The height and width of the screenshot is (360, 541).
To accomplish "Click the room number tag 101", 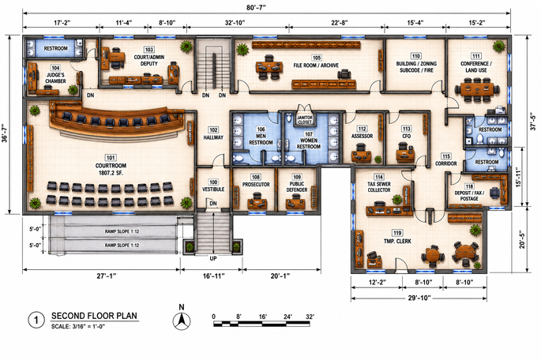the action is (x=111, y=158).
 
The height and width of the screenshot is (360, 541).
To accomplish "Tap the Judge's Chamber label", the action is (x=55, y=78).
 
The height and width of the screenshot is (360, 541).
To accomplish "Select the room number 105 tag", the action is (x=316, y=58).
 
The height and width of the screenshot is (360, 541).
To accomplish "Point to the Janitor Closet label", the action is (x=305, y=120).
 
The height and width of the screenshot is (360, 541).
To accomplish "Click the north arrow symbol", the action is (x=182, y=321).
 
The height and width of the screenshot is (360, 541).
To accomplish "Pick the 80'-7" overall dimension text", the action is (x=257, y=7).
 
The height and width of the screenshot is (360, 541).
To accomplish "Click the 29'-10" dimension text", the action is (x=419, y=298).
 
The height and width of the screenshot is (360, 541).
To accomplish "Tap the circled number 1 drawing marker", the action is (x=36, y=321).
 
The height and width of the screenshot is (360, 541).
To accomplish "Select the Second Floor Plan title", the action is (x=94, y=316).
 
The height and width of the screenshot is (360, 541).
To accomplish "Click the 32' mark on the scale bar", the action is (x=310, y=317).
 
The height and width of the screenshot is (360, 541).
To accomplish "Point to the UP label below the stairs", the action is (x=213, y=258).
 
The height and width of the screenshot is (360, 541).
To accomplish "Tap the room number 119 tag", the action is (x=397, y=233).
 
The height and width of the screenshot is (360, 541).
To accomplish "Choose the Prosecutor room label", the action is (x=256, y=185).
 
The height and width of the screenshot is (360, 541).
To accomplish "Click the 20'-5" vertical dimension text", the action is (x=522, y=240).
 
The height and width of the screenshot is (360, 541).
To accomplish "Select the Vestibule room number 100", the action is (x=213, y=182).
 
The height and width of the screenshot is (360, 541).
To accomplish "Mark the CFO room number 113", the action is (x=406, y=129).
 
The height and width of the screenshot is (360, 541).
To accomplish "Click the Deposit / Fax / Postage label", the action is (x=469, y=196).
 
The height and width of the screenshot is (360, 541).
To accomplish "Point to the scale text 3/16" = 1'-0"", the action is (x=78, y=327).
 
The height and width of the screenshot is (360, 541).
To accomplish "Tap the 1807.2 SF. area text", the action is (x=111, y=172).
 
